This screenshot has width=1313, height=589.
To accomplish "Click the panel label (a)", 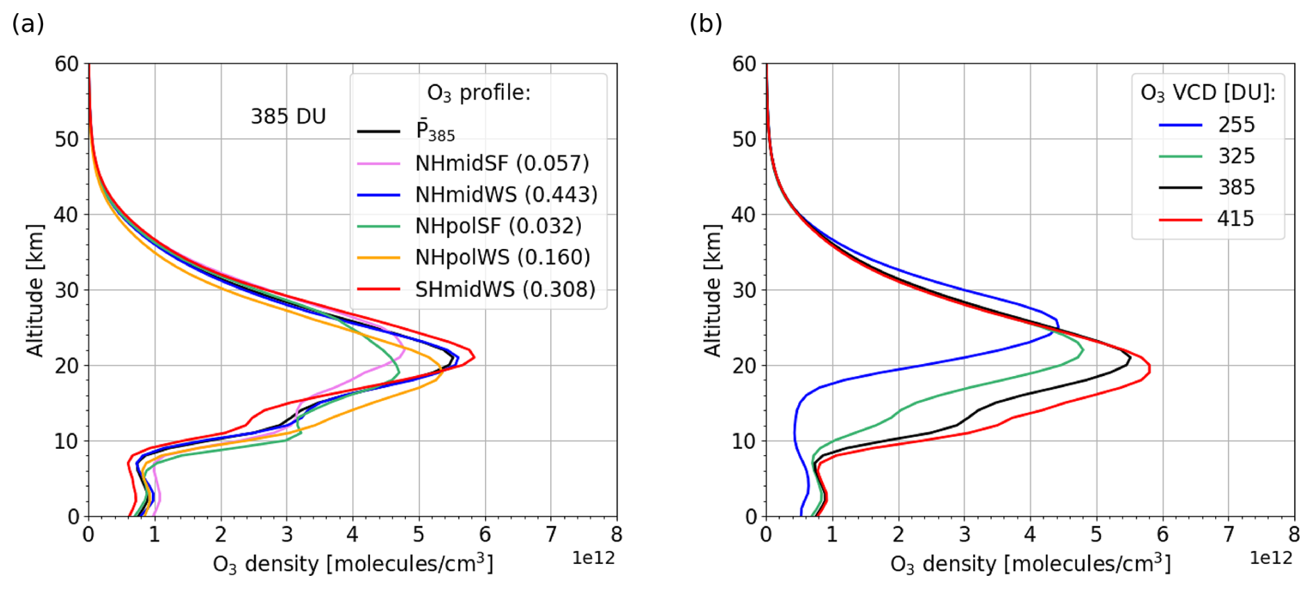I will click(28, 24).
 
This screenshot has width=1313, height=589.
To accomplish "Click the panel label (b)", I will click(705, 24).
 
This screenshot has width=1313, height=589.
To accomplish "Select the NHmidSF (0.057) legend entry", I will click(501, 163).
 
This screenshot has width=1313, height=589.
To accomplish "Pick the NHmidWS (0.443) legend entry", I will click(505, 195).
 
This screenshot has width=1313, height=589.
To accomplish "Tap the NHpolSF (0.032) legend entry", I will click(498, 226).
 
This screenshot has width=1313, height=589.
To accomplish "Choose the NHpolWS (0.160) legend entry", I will click(502, 257).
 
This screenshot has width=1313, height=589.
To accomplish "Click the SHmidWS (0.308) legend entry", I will click(505, 289).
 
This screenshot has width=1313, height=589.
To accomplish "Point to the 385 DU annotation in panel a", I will click(288, 117).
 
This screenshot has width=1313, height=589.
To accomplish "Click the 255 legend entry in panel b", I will click(1236, 125).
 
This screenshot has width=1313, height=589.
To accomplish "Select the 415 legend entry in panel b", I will click(1236, 219).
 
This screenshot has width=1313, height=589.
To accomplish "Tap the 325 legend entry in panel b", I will click(1236, 156).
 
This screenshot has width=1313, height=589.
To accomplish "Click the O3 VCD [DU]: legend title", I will click(1208, 93).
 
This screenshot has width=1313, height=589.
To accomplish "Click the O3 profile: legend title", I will click(478, 93).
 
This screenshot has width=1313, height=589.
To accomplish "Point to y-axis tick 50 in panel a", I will click(67, 139).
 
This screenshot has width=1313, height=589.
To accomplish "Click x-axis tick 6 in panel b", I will click(1162, 534).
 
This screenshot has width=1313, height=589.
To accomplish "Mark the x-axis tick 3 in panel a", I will click(287, 534).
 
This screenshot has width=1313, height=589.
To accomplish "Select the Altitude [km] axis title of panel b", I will click(713, 290).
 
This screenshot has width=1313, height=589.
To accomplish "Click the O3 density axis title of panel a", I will click(353, 564).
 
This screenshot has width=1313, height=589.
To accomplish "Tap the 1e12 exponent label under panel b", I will click(1271, 558).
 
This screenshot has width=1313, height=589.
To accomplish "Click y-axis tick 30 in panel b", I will click(744, 290).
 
